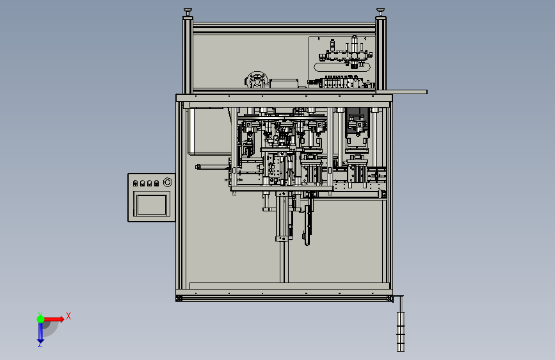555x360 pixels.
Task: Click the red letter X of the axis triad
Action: point(68,316)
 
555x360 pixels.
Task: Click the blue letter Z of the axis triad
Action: point(40,344)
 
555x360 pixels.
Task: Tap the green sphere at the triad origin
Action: point(41,319)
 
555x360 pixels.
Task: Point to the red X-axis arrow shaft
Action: point(52,319)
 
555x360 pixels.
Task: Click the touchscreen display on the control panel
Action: point(152,205)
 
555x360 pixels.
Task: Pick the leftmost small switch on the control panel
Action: point(135,183)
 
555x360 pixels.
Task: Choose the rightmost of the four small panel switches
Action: point(156,183)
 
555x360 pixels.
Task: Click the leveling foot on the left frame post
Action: point(188,12)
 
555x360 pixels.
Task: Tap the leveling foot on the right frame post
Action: point(380,12)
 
